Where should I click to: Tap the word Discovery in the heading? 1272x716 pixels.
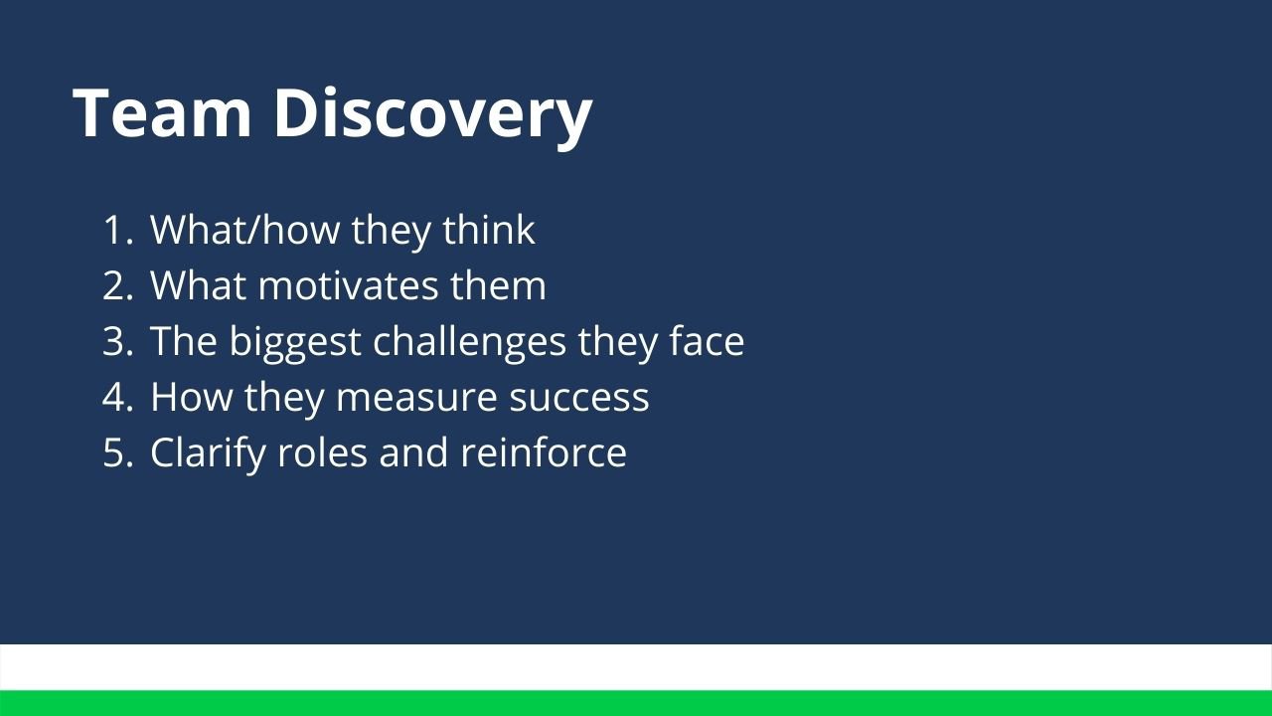tap(432, 114)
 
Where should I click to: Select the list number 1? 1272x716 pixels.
tap(116, 231)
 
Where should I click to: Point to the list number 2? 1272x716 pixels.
tap(116, 286)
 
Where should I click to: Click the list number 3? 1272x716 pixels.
tap(116, 342)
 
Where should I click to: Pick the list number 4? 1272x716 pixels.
tap(116, 398)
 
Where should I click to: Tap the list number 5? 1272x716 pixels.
tap(116, 453)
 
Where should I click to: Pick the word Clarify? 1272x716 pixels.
tap(208, 453)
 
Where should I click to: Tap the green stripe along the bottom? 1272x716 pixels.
tap(636, 703)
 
